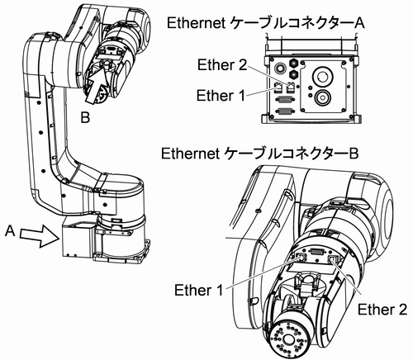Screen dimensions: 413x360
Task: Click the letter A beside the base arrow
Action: click(10, 230)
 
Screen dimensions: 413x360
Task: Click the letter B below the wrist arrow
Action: click(85, 117)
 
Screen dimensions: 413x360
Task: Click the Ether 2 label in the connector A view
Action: click(222, 65)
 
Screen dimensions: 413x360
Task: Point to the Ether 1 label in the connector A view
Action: click(221, 96)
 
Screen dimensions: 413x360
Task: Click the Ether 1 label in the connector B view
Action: click(198, 290)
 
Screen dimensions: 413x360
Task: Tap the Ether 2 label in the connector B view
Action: click(382, 310)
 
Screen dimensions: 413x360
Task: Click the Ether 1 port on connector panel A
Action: click(278, 88)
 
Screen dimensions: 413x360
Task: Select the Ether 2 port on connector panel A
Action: click(290, 88)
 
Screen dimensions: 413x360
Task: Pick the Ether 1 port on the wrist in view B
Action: click(301, 258)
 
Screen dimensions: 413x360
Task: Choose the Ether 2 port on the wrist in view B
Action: click(334, 259)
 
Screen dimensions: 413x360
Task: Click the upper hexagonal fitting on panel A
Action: click(292, 63)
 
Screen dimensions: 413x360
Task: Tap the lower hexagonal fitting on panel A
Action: click(292, 73)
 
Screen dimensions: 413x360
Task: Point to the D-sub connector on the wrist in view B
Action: click(316, 251)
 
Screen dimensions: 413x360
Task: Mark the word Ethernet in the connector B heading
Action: click(191, 154)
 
